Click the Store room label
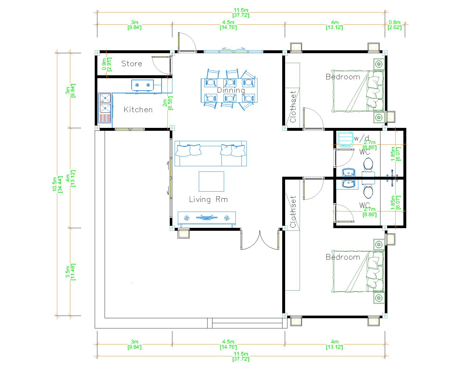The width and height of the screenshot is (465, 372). click(x=131, y=64)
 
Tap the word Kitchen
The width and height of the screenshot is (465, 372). click(x=138, y=110)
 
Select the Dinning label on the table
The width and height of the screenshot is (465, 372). click(x=231, y=90)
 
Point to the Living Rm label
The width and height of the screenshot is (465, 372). click(x=208, y=199)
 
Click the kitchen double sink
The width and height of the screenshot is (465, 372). click(x=105, y=108)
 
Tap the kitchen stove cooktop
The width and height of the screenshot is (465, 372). click(x=142, y=85)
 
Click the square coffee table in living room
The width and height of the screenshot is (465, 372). click(x=211, y=181)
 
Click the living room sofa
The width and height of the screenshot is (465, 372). click(x=210, y=153)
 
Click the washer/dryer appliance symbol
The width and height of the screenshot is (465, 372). click(x=346, y=139)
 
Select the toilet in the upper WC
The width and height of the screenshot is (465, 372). click(x=368, y=164)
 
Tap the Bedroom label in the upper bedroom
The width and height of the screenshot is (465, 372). click(x=343, y=77)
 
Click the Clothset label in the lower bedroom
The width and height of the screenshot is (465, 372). click(x=293, y=212)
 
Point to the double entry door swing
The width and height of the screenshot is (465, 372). click(x=260, y=240)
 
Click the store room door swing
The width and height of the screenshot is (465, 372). click(x=161, y=65)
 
